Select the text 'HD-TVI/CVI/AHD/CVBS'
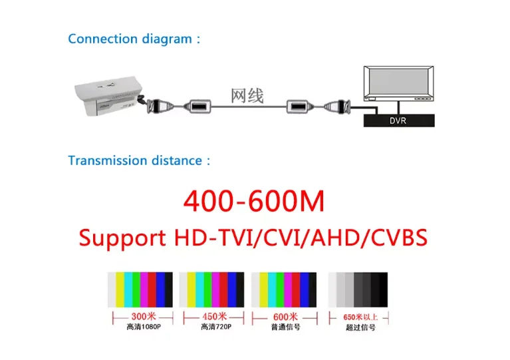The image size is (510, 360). click(x=300, y=238)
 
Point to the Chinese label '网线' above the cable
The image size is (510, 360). click(x=247, y=96)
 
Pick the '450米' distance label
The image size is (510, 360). click(x=214, y=317)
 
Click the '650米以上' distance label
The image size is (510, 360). click(x=360, y=317)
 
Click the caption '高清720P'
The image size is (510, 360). click(x=215, y=327)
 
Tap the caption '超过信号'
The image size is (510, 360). click(x=360, y=327)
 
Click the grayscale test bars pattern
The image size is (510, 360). click(x=358, y=289)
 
